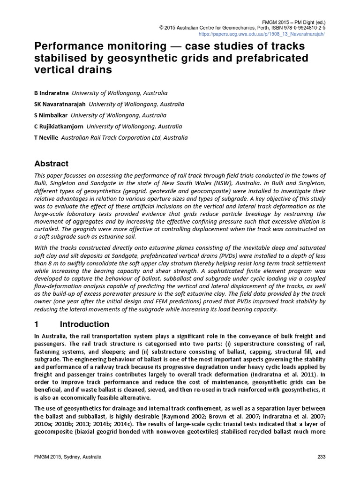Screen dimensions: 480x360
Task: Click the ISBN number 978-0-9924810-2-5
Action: (x=299, y=28)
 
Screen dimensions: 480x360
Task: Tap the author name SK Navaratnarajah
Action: (x=60, y=104)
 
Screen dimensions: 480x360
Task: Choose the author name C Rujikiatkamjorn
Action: (x=59, y=127)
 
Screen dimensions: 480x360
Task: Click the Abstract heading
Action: (x=52, y=164)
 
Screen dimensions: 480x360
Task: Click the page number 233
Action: (x=321, y=457)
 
